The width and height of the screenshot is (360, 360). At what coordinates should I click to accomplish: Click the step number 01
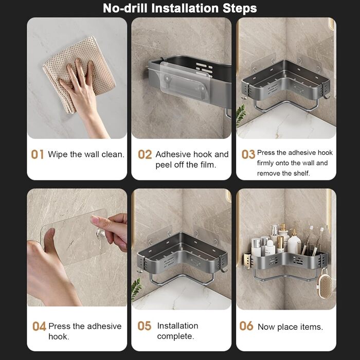click(x=38, y=154)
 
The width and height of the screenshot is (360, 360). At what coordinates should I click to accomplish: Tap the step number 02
click(x=145, y=154)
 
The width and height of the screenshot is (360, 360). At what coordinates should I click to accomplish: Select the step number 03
click(x=248, y=154)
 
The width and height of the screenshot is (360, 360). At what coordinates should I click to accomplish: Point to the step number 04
click(x=39, y=326)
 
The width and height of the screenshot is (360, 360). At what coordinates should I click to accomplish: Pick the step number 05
click(x=145, y=326)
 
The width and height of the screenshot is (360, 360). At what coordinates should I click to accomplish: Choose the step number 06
click(x=246, y=326)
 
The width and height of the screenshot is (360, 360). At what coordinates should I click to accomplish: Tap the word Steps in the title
click(x=240, y=9)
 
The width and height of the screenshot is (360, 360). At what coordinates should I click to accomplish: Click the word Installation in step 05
click(x=177, y=326)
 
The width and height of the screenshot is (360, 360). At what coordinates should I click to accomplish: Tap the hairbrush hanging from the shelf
click(x=325, y=284)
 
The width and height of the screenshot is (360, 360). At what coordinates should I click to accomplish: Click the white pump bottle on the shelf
click(x=294, y=242)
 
